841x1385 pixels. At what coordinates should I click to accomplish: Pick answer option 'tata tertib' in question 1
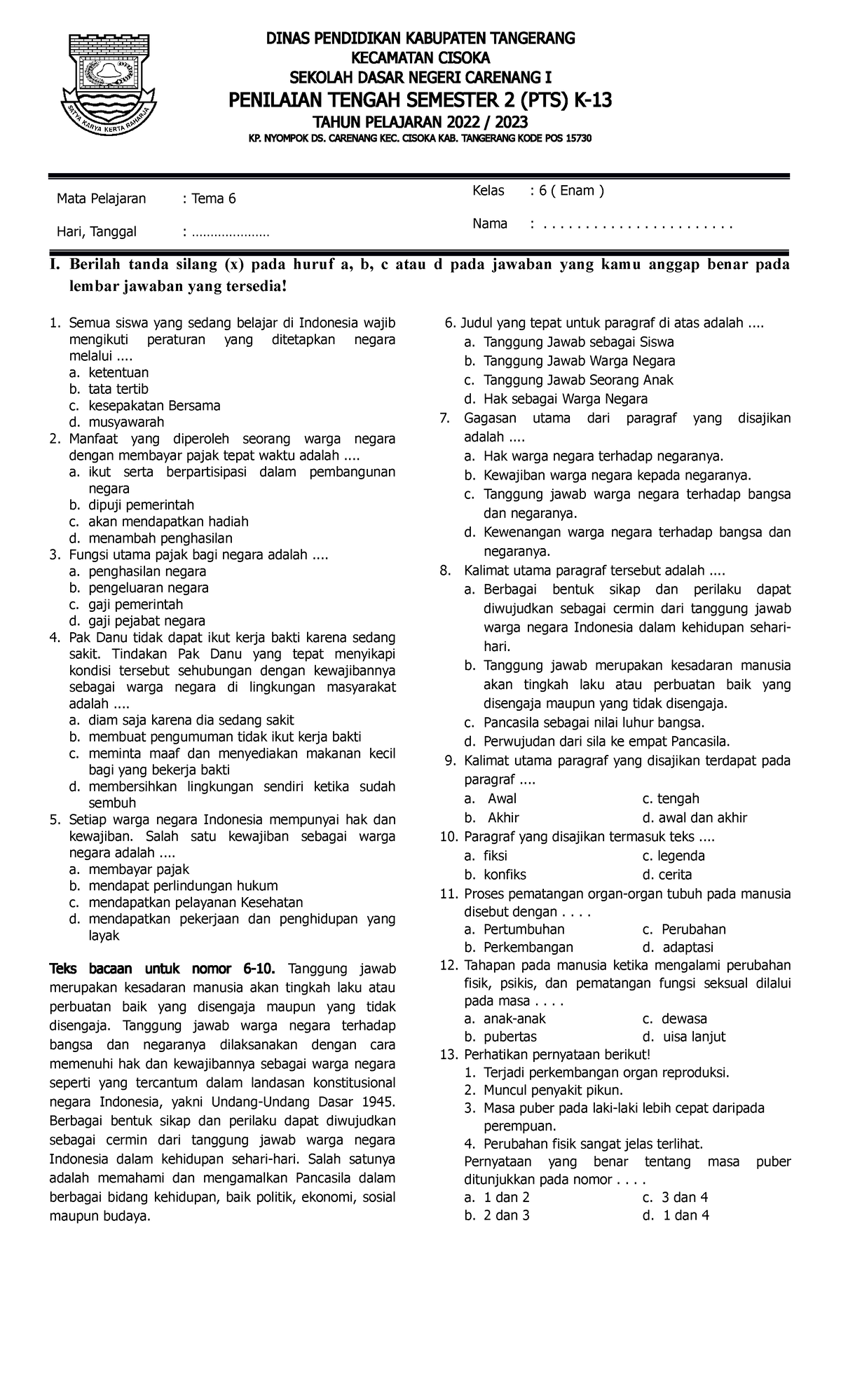(118, 389)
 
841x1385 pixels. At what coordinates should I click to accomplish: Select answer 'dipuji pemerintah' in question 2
(140, 505)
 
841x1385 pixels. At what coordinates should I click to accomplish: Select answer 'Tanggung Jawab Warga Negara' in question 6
(579, 361)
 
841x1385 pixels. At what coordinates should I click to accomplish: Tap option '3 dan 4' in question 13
(685, 1196)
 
